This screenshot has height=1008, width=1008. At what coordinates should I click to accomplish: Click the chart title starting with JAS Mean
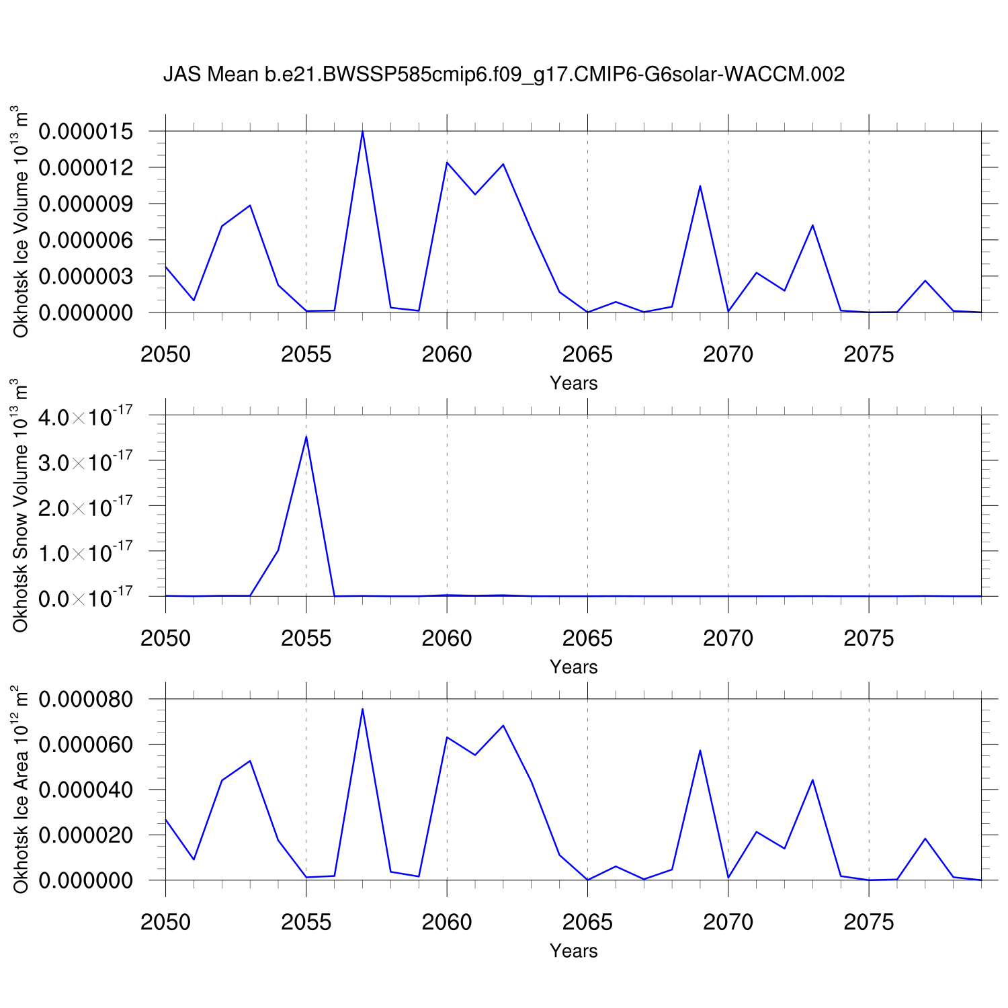click(504, 74)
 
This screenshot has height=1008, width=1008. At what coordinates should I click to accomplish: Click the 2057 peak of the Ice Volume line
click(362, 132)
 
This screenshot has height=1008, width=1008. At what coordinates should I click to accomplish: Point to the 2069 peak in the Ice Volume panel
click(700, 186)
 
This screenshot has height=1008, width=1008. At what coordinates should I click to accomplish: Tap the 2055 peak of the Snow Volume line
click(306, 437)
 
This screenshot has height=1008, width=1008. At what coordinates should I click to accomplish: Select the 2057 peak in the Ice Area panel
click(362, 709)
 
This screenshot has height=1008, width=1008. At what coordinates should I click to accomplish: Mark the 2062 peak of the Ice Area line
click(503, 726)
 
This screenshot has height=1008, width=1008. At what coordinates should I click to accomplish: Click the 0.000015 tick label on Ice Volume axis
click(95, 132)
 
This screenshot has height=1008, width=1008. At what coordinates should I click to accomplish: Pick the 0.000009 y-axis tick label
click(95, 204)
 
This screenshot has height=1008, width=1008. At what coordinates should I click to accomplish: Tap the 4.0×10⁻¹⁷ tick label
click(95, 417)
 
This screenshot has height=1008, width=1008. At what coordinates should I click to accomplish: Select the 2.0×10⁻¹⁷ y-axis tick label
click(95, 507)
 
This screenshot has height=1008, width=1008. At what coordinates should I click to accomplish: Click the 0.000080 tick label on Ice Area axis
click(95, 700)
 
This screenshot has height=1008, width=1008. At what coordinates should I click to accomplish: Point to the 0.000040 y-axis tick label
click(95, 790)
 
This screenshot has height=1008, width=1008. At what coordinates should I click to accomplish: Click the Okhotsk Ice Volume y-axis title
click(21, 222)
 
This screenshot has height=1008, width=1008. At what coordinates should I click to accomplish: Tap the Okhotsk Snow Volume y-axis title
click(21, 505)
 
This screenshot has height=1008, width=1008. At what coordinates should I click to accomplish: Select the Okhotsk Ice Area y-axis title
click(21, 790)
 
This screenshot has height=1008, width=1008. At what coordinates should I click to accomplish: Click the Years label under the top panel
click(573, 383)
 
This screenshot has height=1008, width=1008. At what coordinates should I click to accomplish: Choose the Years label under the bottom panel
click(573, 951)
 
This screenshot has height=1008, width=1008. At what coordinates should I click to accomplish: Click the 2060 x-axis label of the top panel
click(447, 354)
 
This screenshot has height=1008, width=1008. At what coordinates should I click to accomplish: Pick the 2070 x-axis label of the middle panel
click(728, 638)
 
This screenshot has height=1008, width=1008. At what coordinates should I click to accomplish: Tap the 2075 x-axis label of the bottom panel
click(868, 922)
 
